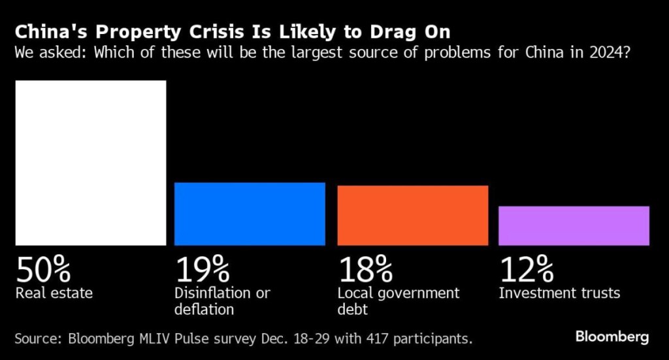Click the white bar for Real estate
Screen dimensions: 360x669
(91, 163)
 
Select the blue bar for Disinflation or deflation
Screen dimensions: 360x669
(250, 214)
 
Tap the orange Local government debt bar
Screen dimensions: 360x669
(412, 216)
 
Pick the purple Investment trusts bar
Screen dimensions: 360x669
(574, 225)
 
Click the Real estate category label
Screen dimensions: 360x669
(54, 293)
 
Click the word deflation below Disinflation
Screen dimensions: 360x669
(203, 308)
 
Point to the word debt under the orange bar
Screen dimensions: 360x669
(352, 308)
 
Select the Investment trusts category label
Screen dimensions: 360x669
(559, 293)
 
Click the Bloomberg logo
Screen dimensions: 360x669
(612, 337)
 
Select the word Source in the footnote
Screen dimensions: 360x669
(37, 338)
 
